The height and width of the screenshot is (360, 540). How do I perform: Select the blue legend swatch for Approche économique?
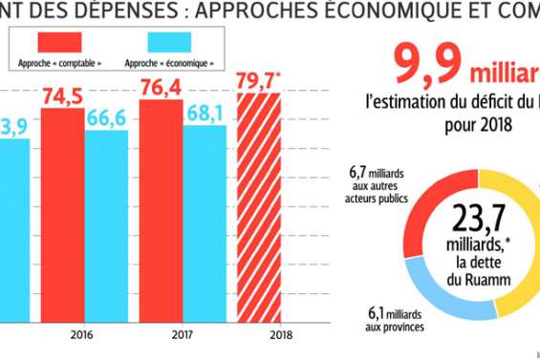(157, 42)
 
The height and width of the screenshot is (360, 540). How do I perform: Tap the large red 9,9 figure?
(429, 64)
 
